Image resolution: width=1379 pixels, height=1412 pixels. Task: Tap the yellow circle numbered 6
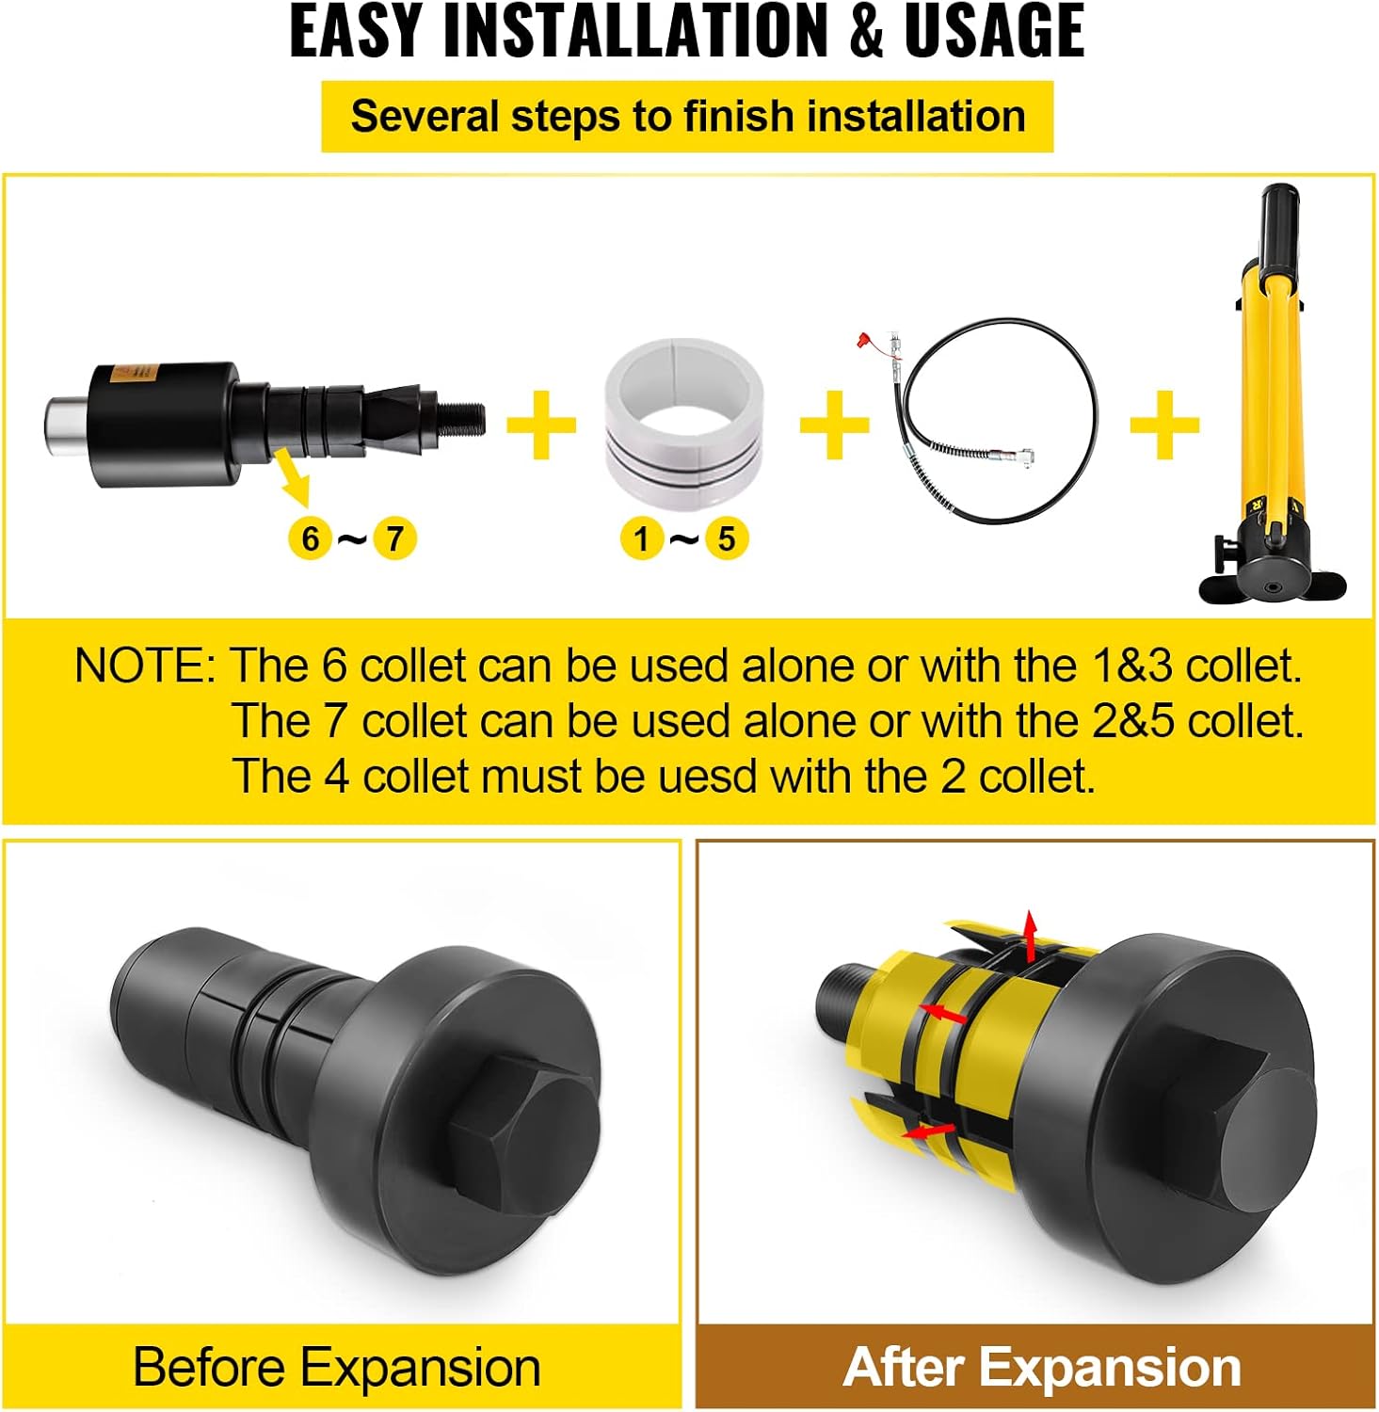(x=311, y=539)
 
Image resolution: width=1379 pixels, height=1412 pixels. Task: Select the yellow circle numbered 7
(x=394, y=539)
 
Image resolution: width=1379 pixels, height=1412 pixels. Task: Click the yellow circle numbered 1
(x=642, y=539)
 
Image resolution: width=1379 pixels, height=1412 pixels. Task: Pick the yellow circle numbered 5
(x=726, y=539)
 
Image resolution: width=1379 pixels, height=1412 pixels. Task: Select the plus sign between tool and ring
(x=541, y=425)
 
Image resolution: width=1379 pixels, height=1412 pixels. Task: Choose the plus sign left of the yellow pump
(x=1164, y=425)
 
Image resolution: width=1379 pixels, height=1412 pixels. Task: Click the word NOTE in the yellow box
(x=143, y=666)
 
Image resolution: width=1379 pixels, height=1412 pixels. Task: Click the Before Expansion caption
(x=337, y=1367)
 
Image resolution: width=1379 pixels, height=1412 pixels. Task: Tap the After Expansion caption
(x=1042, y=1367)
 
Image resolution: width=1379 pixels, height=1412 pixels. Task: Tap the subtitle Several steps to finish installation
(x=687, y=117)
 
